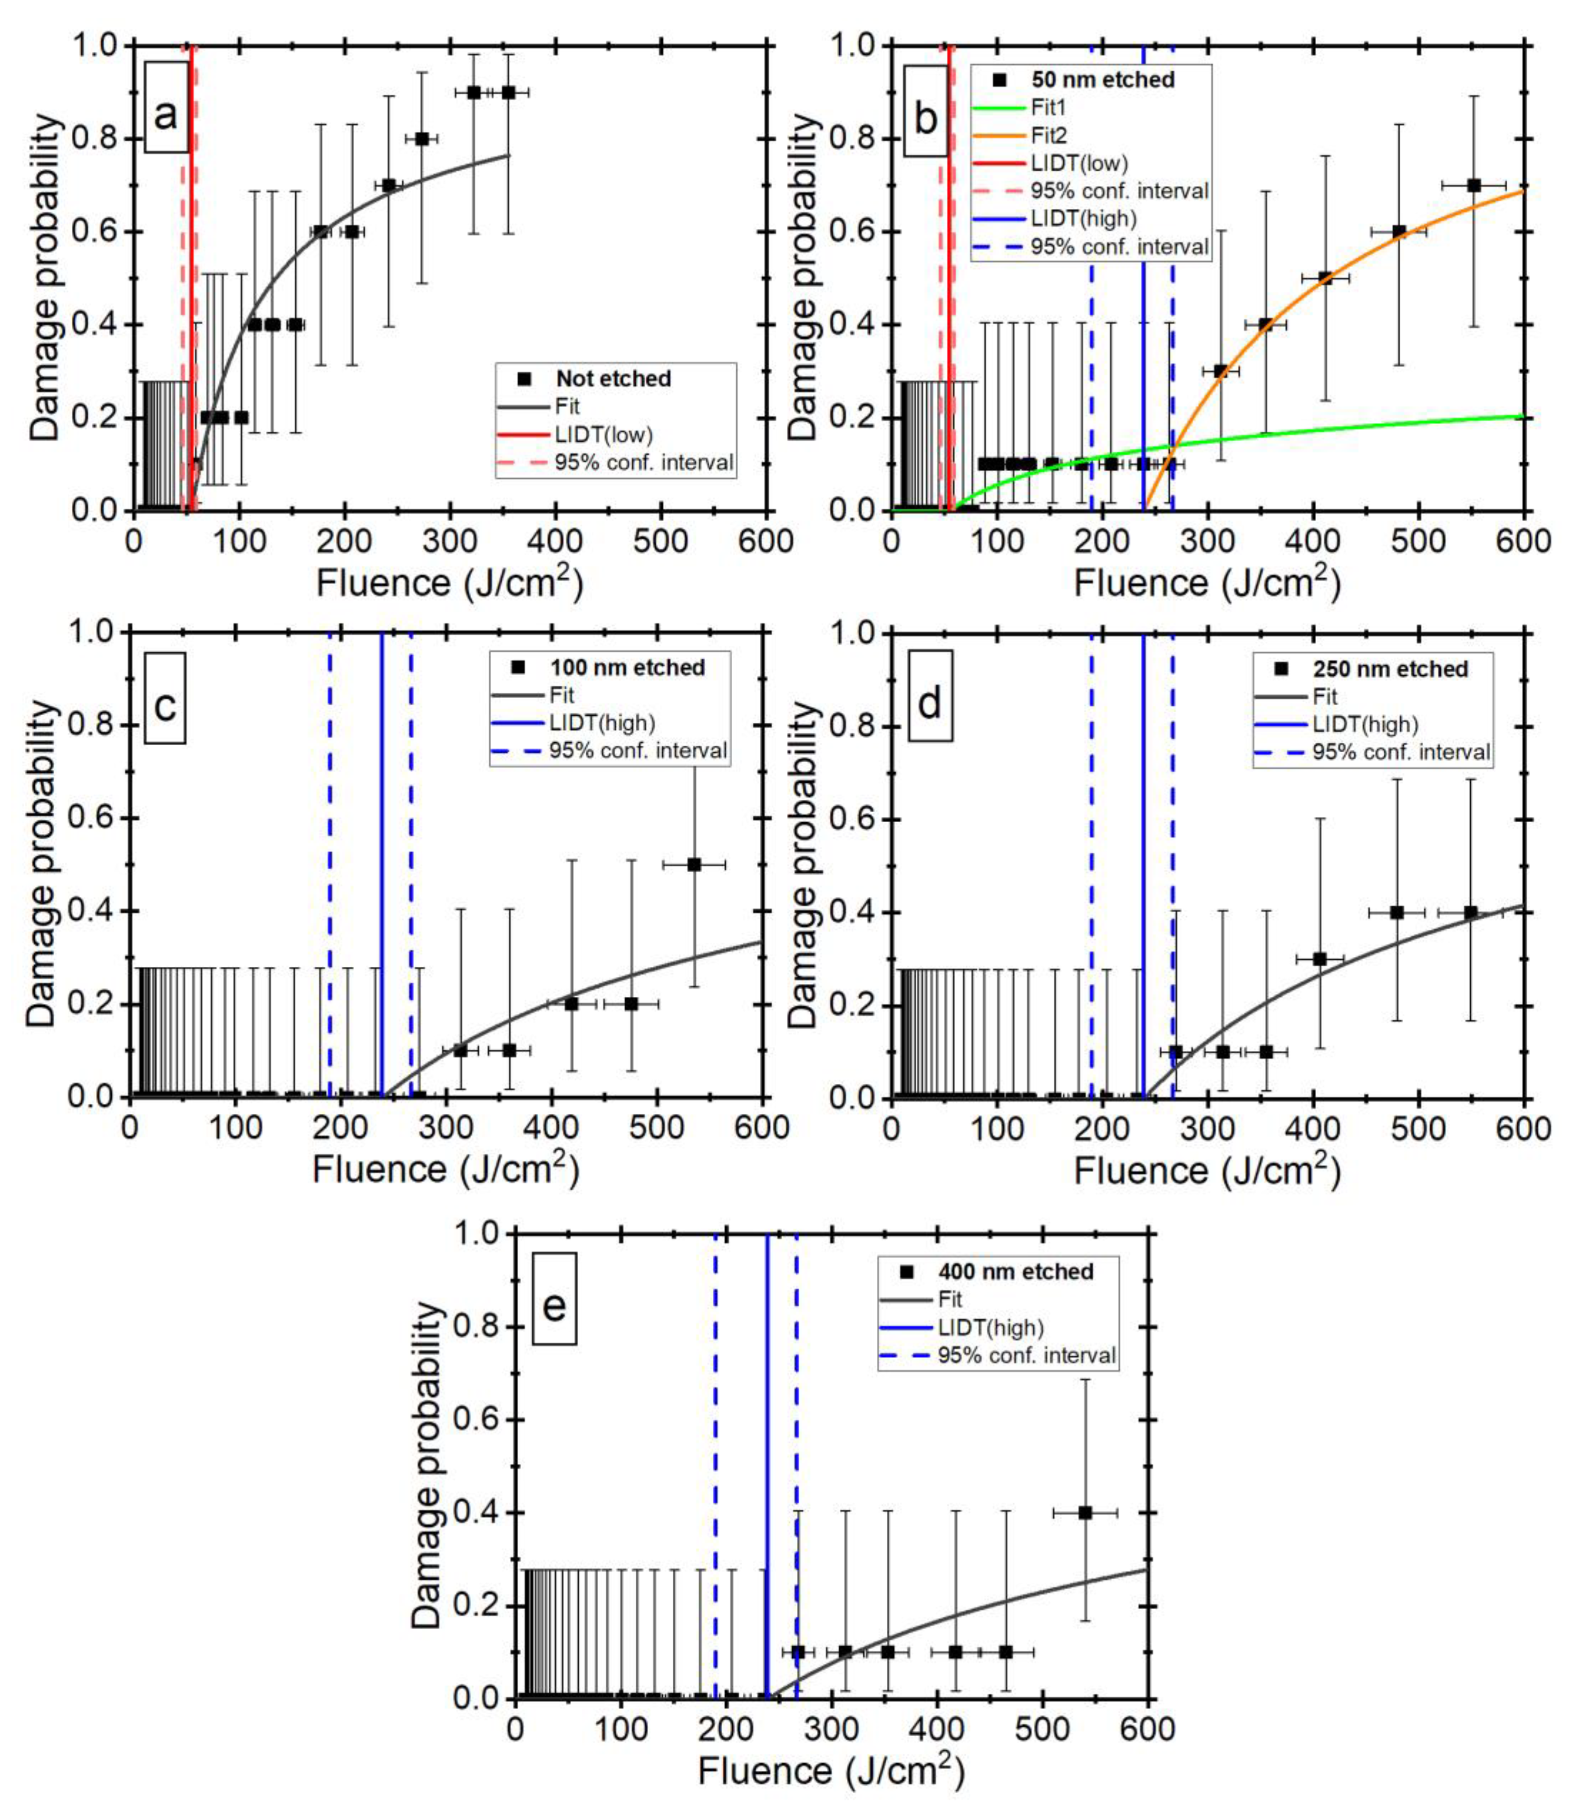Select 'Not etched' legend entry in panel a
[x=613, y=379]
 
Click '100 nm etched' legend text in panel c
[x=627, y=668]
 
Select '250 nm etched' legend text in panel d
[x=1390, y=670]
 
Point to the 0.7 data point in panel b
[x=1474, y=185]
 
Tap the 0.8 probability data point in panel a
[x=422, y=138]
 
